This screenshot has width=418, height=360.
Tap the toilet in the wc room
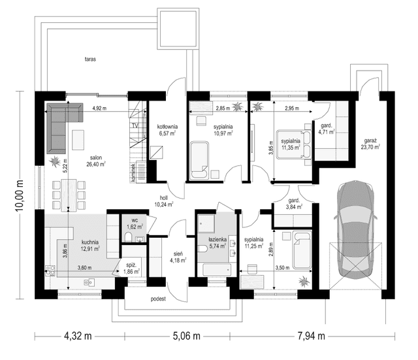128,237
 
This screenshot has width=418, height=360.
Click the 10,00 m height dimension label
20,195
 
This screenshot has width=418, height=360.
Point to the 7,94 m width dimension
311,336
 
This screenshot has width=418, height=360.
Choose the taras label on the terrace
90,59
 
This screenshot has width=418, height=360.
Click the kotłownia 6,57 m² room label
167,130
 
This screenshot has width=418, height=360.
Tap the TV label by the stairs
135,125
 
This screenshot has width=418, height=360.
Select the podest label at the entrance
158,299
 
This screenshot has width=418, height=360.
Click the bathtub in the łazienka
217,270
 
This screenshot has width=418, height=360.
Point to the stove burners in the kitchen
50,270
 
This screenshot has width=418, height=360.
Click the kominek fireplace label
133,173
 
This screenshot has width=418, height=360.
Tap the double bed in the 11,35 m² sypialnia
294,144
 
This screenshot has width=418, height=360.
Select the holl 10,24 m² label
164,201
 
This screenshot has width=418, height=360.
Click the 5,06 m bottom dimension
186,336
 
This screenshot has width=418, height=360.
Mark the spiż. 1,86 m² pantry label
132,269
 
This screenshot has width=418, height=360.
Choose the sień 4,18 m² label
178,257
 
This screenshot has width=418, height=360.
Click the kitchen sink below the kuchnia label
89,282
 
